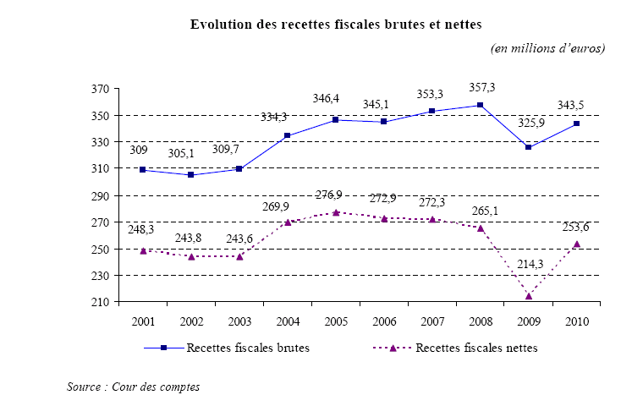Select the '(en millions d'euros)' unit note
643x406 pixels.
point(547,48)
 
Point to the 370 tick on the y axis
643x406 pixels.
point(101,88)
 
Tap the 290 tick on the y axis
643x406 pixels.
point(101,195)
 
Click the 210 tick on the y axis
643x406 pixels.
point(101,302)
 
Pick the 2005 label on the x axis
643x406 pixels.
point(336,321)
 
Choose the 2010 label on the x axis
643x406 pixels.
point(576,321)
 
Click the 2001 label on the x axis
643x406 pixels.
point(143,321)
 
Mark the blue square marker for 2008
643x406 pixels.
point(481,105)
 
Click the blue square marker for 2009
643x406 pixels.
point(529,147)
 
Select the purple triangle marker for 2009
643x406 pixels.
point(529,296)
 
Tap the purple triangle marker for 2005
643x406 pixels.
point(336,212)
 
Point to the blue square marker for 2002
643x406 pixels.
point(191,174)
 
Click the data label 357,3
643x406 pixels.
point(481,88)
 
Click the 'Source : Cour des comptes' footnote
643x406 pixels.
point(133,387)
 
